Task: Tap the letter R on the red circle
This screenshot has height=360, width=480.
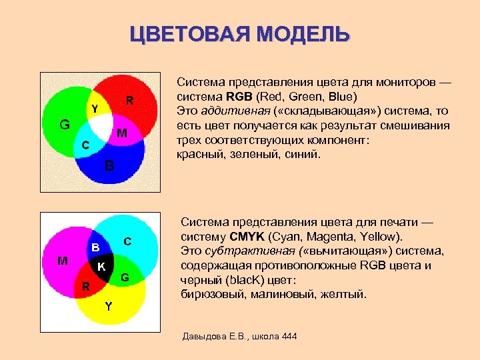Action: (x=130, y=101)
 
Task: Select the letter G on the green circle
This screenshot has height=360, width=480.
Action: (x=65, y=124)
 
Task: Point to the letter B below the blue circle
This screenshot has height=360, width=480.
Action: (x=109, y=165)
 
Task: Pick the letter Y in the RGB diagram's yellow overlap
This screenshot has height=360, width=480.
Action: (x=95, y=109)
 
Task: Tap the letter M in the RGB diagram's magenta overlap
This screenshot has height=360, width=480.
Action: (x=122, y=134)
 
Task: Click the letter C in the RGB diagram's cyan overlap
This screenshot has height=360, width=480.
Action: (x=84, y=145)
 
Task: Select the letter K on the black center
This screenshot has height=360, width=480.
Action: (x=101, y=267)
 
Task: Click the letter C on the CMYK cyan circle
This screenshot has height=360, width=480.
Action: (x=127, y=240)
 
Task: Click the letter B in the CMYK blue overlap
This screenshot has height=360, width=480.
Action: (x=96, y=247)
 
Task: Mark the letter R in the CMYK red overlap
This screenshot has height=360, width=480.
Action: (x=85, y=287)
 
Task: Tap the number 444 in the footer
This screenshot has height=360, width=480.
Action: (x=289, y=335)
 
